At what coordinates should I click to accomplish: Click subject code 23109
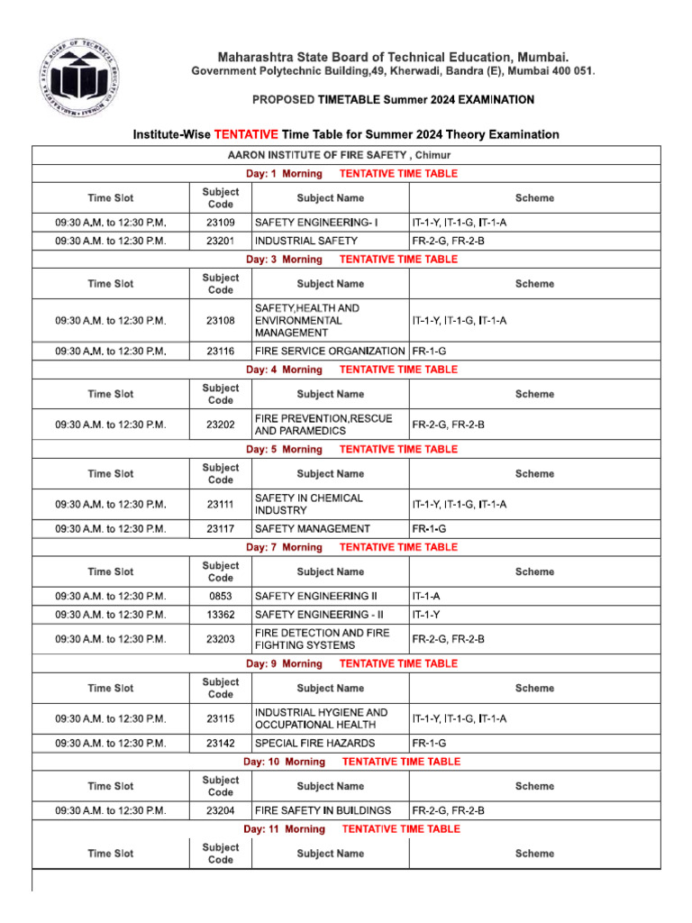click(220, 222)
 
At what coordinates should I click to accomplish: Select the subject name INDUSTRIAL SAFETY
click(306, 241)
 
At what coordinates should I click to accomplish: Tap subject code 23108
click(220, 320)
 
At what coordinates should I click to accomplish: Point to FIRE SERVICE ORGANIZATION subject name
click(330, 351)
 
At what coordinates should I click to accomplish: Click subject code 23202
click(220, 425)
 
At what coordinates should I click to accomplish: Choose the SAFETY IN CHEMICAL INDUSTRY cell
click(309, 504)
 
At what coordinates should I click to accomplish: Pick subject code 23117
click(220, 529)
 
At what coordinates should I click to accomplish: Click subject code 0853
click(220, 596)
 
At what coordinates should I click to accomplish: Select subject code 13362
click(220, 615)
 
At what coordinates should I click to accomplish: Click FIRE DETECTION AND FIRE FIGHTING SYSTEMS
click(322, 639)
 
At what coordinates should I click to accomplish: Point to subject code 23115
click(220, 718)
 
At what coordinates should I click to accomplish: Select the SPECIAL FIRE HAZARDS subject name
click(315, 744)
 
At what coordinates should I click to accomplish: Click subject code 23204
click(220, 810)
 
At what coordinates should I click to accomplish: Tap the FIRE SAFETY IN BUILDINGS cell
click(323, 810)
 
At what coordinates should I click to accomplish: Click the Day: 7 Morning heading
click(284, 547)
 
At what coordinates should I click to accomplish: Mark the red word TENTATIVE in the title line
click(246, 134)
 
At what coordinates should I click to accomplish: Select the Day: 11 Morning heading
click(284, 829)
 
